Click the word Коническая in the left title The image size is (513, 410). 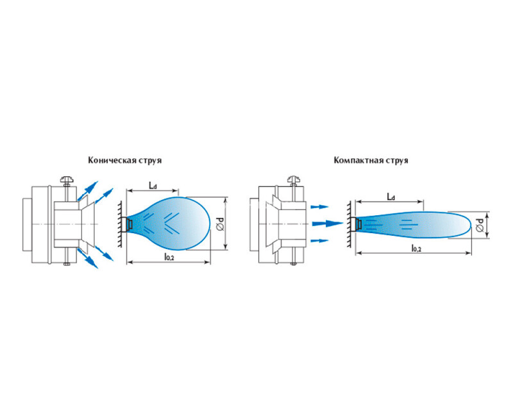click(108, 161)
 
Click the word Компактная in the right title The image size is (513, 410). click(357, 161)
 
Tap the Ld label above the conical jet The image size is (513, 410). click(153, 185)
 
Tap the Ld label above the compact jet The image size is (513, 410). click(391, 197)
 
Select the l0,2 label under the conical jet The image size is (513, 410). click(170, 256)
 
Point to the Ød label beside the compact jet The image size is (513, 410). click(481, 225)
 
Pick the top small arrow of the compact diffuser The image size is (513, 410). click(319, 207)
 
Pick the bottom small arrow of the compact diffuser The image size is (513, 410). click(319, 241)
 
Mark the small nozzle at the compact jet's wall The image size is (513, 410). click(359, 223)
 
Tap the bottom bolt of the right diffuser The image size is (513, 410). click(294, 261)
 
